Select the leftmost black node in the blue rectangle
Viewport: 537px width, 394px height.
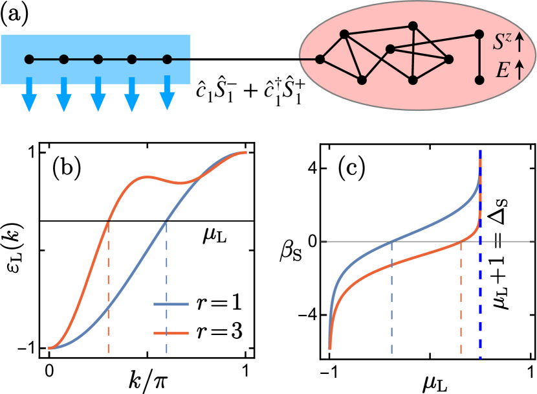tap(29, 60)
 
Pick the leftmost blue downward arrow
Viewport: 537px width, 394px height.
tap(29, 93)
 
